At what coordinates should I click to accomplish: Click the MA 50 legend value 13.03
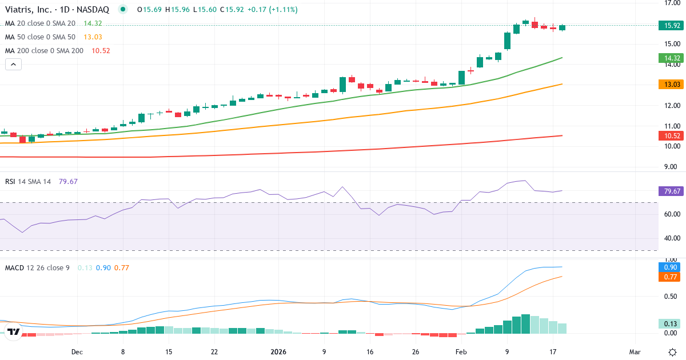(x=92, y=37)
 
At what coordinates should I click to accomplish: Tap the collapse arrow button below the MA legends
(x=14, y=65)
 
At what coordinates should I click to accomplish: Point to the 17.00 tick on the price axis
(x=672, y=3)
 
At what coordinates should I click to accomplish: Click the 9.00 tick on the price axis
(x=672, y=167)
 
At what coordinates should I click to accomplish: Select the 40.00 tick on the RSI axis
(x=672, y=238)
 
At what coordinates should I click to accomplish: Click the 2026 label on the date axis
(x=278, y=351)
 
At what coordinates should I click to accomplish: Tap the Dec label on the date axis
(x=77, y=351)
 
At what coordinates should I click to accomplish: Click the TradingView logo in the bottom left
(x=14, y=331)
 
